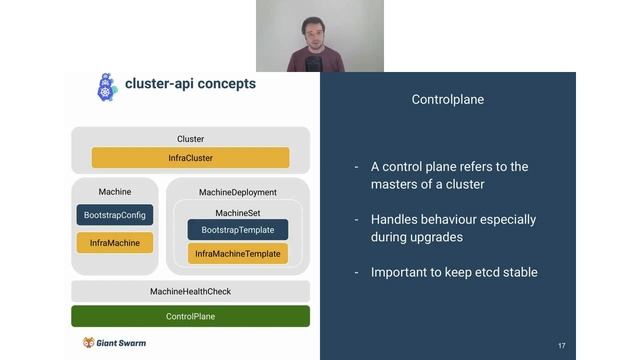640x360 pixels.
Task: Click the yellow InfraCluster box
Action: click(190, 158)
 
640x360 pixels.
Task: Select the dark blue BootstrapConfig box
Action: click(115, 215)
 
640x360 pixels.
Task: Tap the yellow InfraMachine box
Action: click(115, 242)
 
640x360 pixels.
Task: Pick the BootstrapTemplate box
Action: click(237, 230)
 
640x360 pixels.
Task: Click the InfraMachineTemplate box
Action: click(237, 254)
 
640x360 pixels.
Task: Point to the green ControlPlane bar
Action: click(190, 316)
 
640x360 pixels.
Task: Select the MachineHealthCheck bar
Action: click(190, 291)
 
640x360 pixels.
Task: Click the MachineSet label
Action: click(237, 212)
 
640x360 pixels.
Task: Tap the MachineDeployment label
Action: click(238, 192)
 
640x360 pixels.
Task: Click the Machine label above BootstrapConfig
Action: click(115, 192)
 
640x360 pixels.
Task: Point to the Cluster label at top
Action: click(190, 139)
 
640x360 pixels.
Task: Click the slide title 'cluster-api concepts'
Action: click(190, 84)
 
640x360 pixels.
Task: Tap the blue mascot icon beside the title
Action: click(106, 86)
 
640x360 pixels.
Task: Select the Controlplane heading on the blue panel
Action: click(448, 100)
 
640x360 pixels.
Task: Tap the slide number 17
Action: click(561, 346)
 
